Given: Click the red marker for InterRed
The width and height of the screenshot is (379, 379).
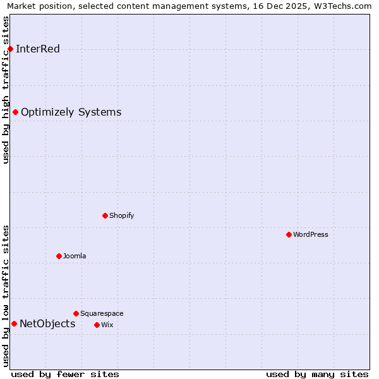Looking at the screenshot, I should point(10,49).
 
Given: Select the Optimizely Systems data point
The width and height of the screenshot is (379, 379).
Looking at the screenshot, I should point(15,112).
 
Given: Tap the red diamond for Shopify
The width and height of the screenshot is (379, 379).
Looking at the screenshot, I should point(105,215).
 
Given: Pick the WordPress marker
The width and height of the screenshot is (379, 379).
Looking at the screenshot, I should point(289,234).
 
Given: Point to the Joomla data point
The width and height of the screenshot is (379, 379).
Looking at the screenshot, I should point(59,256).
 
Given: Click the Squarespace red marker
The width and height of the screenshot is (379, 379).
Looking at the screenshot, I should point(76,313).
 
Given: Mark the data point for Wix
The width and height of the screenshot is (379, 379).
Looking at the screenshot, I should point(97,325).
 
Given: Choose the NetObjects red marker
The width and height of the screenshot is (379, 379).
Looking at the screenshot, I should point(14,323).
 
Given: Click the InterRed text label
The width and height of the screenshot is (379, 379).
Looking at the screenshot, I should point(38,49).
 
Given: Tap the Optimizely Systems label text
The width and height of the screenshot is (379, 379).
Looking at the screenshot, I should point(71,112).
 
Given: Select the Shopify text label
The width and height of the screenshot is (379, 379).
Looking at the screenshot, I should point(121,215).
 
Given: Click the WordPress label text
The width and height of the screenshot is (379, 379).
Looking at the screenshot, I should point(310,234).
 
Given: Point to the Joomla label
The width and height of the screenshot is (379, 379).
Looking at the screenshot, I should point(75,256).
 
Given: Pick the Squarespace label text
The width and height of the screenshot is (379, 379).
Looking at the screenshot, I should point(102,313).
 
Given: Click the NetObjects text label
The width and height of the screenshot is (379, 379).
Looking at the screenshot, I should point(47,324).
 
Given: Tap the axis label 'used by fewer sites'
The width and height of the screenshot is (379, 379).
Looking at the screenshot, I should point(65,374).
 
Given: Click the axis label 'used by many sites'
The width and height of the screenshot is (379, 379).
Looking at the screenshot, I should point(317,374).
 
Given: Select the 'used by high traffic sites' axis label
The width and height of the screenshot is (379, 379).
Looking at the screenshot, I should point(6,90).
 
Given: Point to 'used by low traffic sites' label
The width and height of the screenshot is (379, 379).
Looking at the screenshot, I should point(6,296).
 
